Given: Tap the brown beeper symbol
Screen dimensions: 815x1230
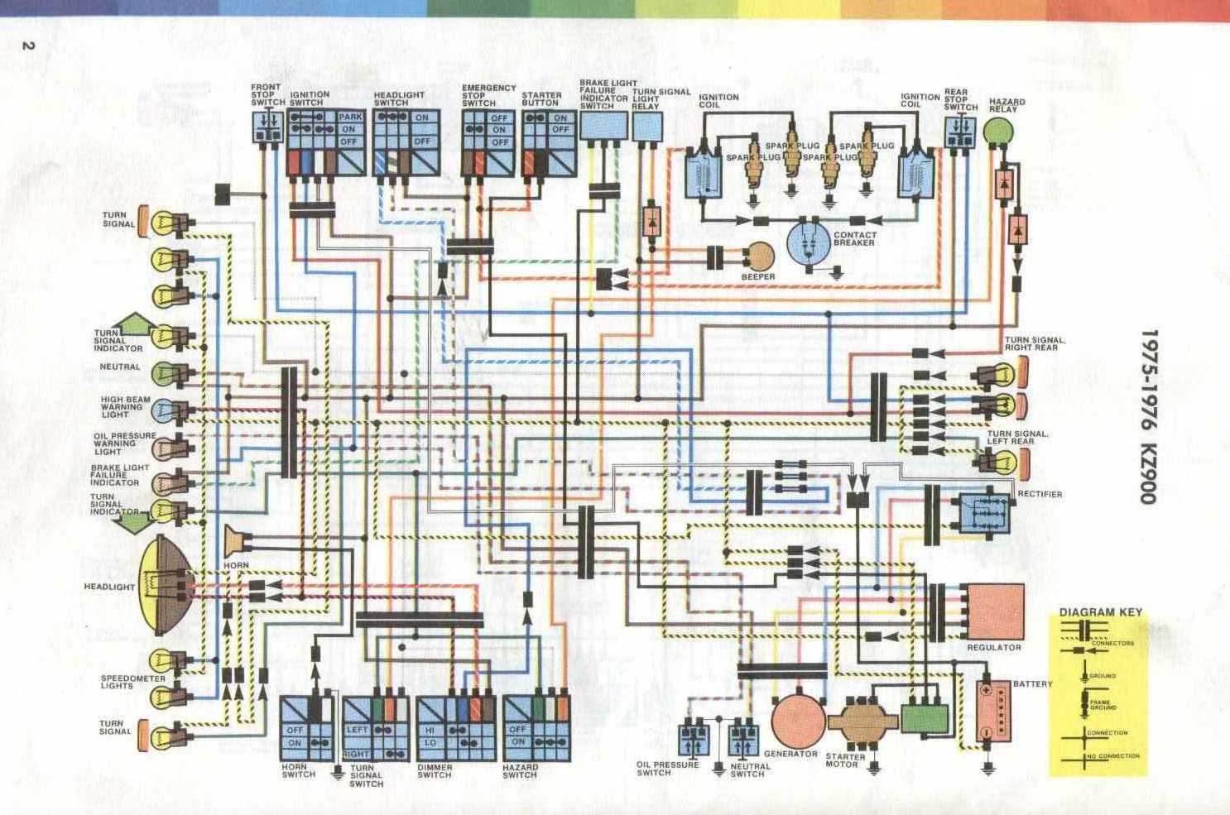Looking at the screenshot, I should coord(759,256).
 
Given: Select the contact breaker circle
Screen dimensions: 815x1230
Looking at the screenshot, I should coord(807,241).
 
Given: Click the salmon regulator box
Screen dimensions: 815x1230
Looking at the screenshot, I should coord(995,611).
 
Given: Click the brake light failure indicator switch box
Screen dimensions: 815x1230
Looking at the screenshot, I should coord(603,127).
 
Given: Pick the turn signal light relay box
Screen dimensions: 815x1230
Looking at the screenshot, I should coord(647,127).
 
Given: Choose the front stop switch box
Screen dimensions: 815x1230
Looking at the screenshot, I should coord(267,128).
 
